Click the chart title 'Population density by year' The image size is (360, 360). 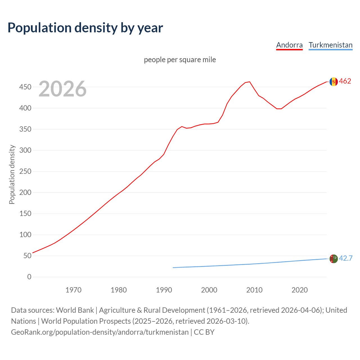[85, 28]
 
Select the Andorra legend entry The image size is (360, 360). [289, 45]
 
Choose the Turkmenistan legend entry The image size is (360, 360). [330, 45]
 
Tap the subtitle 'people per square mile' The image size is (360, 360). [180, 60]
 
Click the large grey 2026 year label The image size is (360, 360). [62, 89]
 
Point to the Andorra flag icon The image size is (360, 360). [334, 82]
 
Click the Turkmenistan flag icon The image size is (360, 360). [334, 259]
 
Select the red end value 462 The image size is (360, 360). [345, 81]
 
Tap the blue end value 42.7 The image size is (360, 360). [346, 258]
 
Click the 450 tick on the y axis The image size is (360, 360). [25, 87]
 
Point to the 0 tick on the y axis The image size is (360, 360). [29, 277]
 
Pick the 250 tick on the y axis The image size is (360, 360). [25, 172]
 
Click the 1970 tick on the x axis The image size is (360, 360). [73, 290]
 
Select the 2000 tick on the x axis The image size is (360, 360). [209, 290]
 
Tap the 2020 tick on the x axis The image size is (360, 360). [300, 290]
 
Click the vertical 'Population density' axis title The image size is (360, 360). [12, 174]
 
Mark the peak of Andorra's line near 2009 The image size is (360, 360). [250, 82]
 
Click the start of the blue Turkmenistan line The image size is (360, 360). [173, 267]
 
